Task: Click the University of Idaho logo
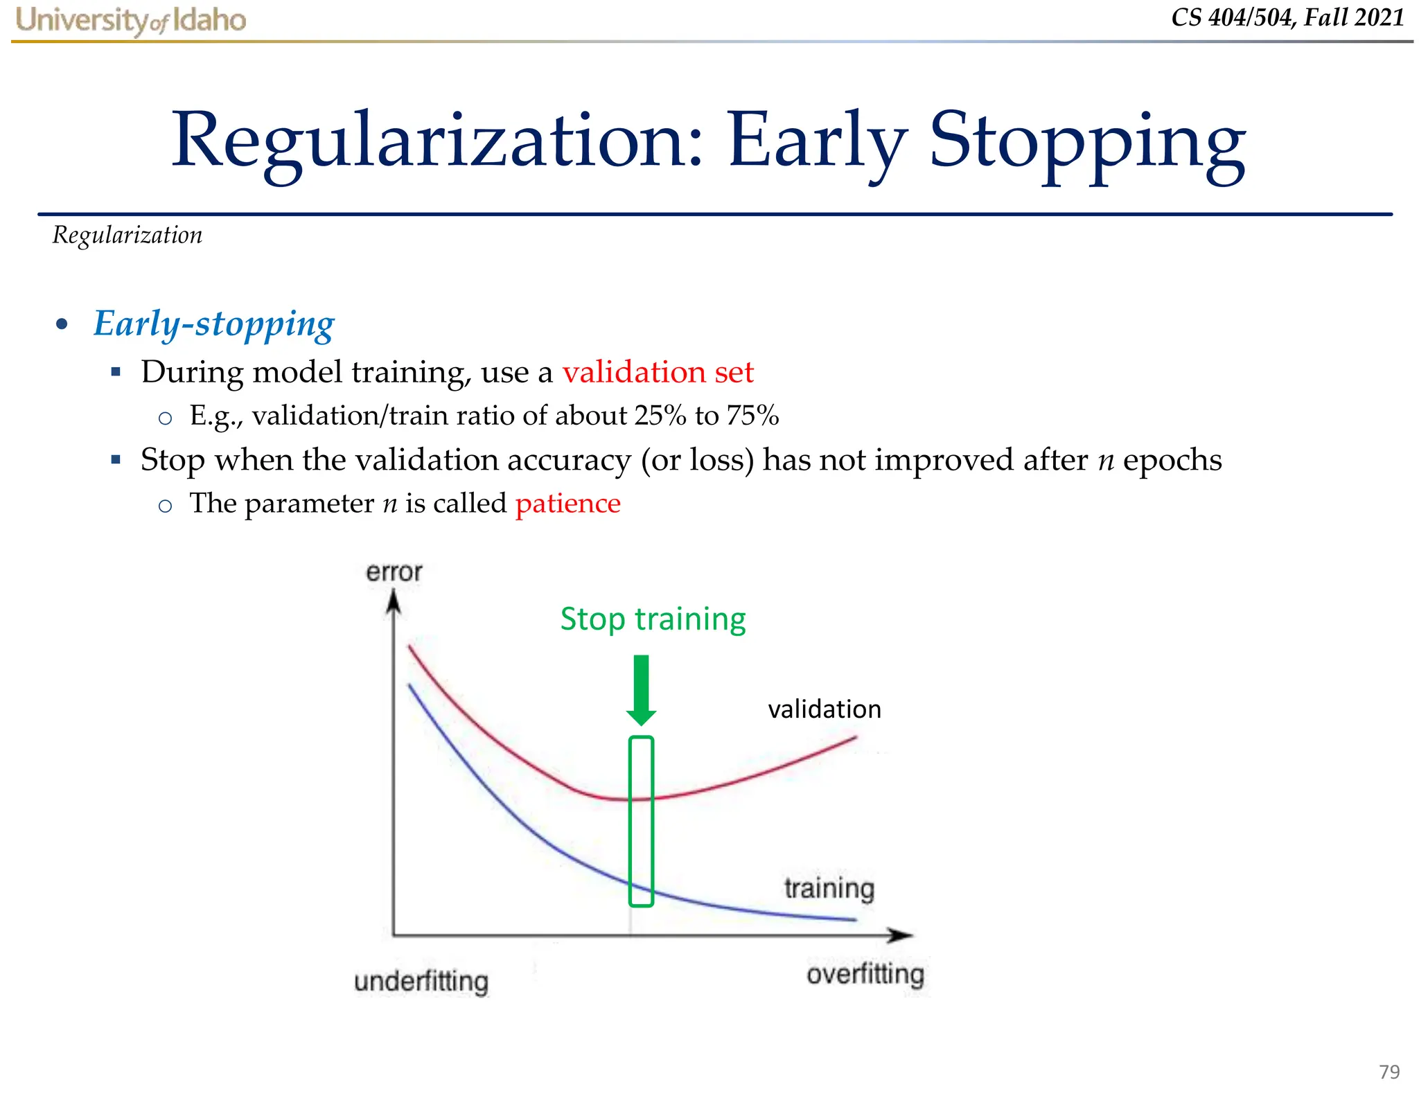(x=130, y=20)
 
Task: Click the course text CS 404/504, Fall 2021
(x=1287, y=17)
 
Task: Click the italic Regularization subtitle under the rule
(x=127, y=236)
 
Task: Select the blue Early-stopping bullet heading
(x=213, y=324)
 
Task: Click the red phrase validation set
(x=658, y=372)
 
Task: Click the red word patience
(x=567, y=504)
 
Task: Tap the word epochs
(x=1172, y=460)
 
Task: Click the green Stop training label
(x=653, y=619)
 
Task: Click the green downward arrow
(x=642, y=690)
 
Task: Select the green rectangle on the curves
(x=642, y=821)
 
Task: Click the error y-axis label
(x=394, y=572)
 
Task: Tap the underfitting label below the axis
(x=421, y=982)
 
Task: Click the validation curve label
(x=825, y=709)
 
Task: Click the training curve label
(x=829, y=888)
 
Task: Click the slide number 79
(x=1389, y=1072)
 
